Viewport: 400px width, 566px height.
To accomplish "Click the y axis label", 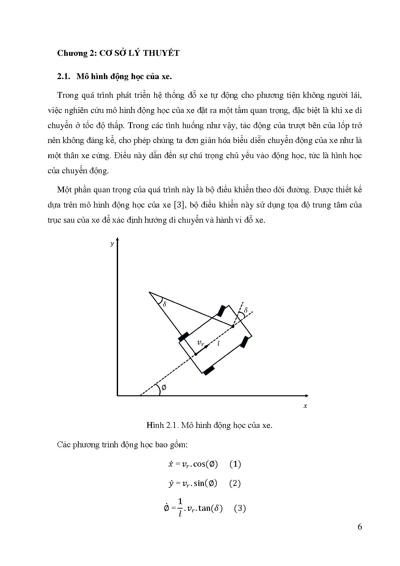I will tap(112, 244).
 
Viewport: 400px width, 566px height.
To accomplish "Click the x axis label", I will tap(305, 406).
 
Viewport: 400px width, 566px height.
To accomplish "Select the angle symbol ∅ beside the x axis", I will tap(164, 388).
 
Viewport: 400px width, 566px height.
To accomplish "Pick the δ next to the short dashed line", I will tap(246, 310).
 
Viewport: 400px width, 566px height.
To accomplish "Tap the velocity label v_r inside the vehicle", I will tap(201, 343).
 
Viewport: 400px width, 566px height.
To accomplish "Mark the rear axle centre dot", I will tap(195, 354).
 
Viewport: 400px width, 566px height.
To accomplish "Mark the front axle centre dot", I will tap(233, 327).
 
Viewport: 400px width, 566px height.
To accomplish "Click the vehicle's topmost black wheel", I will tap(221, 310).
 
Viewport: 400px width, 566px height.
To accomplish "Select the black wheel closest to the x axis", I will tap(209, 370).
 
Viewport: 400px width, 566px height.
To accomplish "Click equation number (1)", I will tap(235, 464).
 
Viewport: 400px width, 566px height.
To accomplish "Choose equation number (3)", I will tap(240, 509).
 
